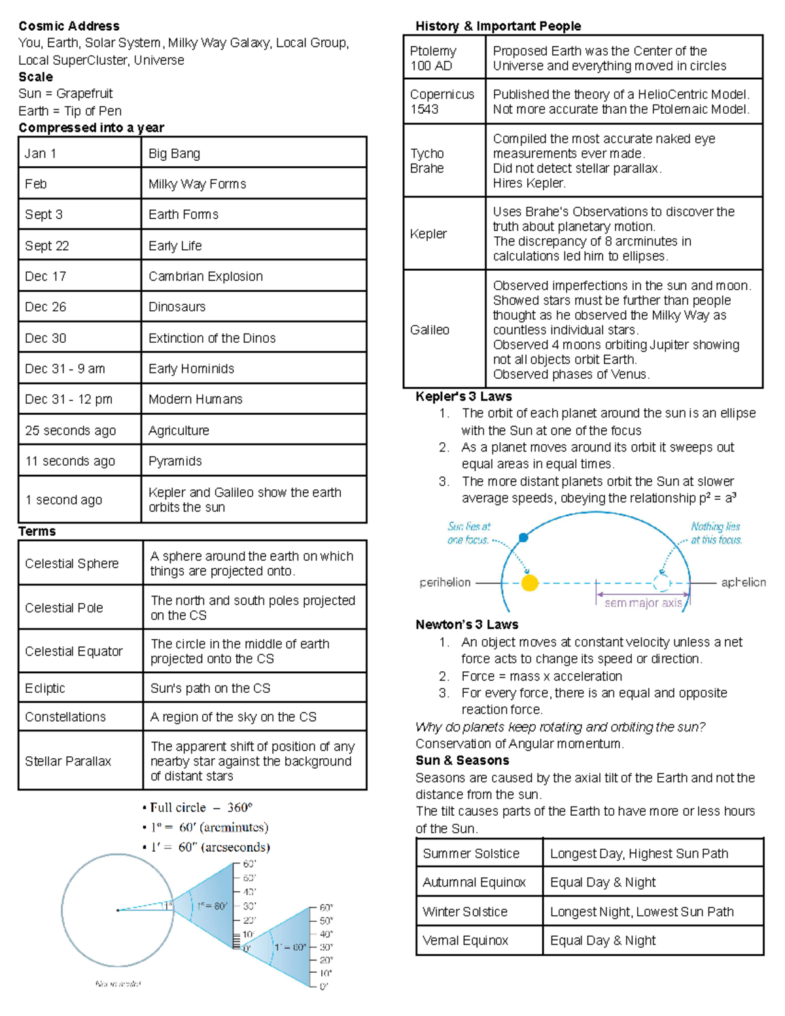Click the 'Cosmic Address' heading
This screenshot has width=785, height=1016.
69,26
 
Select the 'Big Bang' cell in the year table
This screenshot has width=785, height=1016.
174,154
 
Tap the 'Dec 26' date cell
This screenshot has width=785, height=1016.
46,307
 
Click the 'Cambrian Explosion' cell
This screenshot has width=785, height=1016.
205,276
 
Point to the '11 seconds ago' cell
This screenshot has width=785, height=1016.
70,461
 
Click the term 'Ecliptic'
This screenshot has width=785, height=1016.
45,688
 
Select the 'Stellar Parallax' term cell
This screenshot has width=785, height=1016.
68,761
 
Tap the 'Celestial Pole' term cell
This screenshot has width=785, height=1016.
64,608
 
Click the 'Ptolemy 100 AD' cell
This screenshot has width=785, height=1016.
432,58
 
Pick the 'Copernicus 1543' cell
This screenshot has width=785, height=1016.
442,101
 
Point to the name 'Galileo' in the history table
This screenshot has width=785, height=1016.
430,330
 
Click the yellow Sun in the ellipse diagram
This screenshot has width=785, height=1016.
530,583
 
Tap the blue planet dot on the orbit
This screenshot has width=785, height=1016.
523,538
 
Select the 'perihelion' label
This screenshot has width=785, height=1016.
445,582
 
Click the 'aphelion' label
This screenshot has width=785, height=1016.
743,582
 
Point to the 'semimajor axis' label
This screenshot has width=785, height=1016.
643,603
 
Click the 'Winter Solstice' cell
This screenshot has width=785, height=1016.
465,911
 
